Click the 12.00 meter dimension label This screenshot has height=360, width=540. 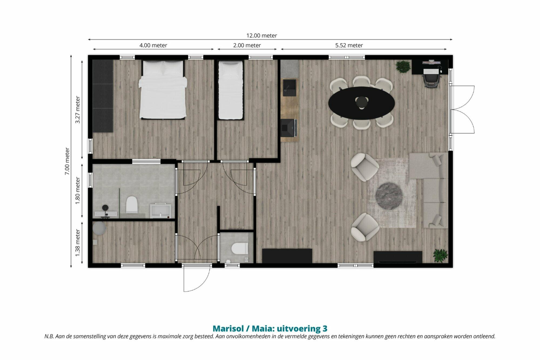(x=262, y=35)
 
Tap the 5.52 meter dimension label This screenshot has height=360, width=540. (x=349, y=45)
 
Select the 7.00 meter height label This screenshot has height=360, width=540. (x=67, y=161)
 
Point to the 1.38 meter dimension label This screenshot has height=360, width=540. (x=78, y=243)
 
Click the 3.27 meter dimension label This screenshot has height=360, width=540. (x=78, y=110)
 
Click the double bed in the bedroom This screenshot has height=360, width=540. (x=163, y=90)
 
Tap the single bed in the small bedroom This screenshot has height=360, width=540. (x=231, y=90)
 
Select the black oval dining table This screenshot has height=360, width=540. (x=362, y=103)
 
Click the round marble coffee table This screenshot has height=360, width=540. (x=389, y=196)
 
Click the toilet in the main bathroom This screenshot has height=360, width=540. (x=132, y=204)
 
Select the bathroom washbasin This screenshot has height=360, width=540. (x=161, y=211)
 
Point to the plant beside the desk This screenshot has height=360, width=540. (x=403, y=66)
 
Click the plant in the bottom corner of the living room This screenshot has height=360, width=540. (x=440, y=255)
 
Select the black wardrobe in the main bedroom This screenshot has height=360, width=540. (x=103, y=96)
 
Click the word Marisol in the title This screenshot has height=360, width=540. (x=228, y=328)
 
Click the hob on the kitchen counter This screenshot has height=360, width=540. (x=289, y=128)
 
